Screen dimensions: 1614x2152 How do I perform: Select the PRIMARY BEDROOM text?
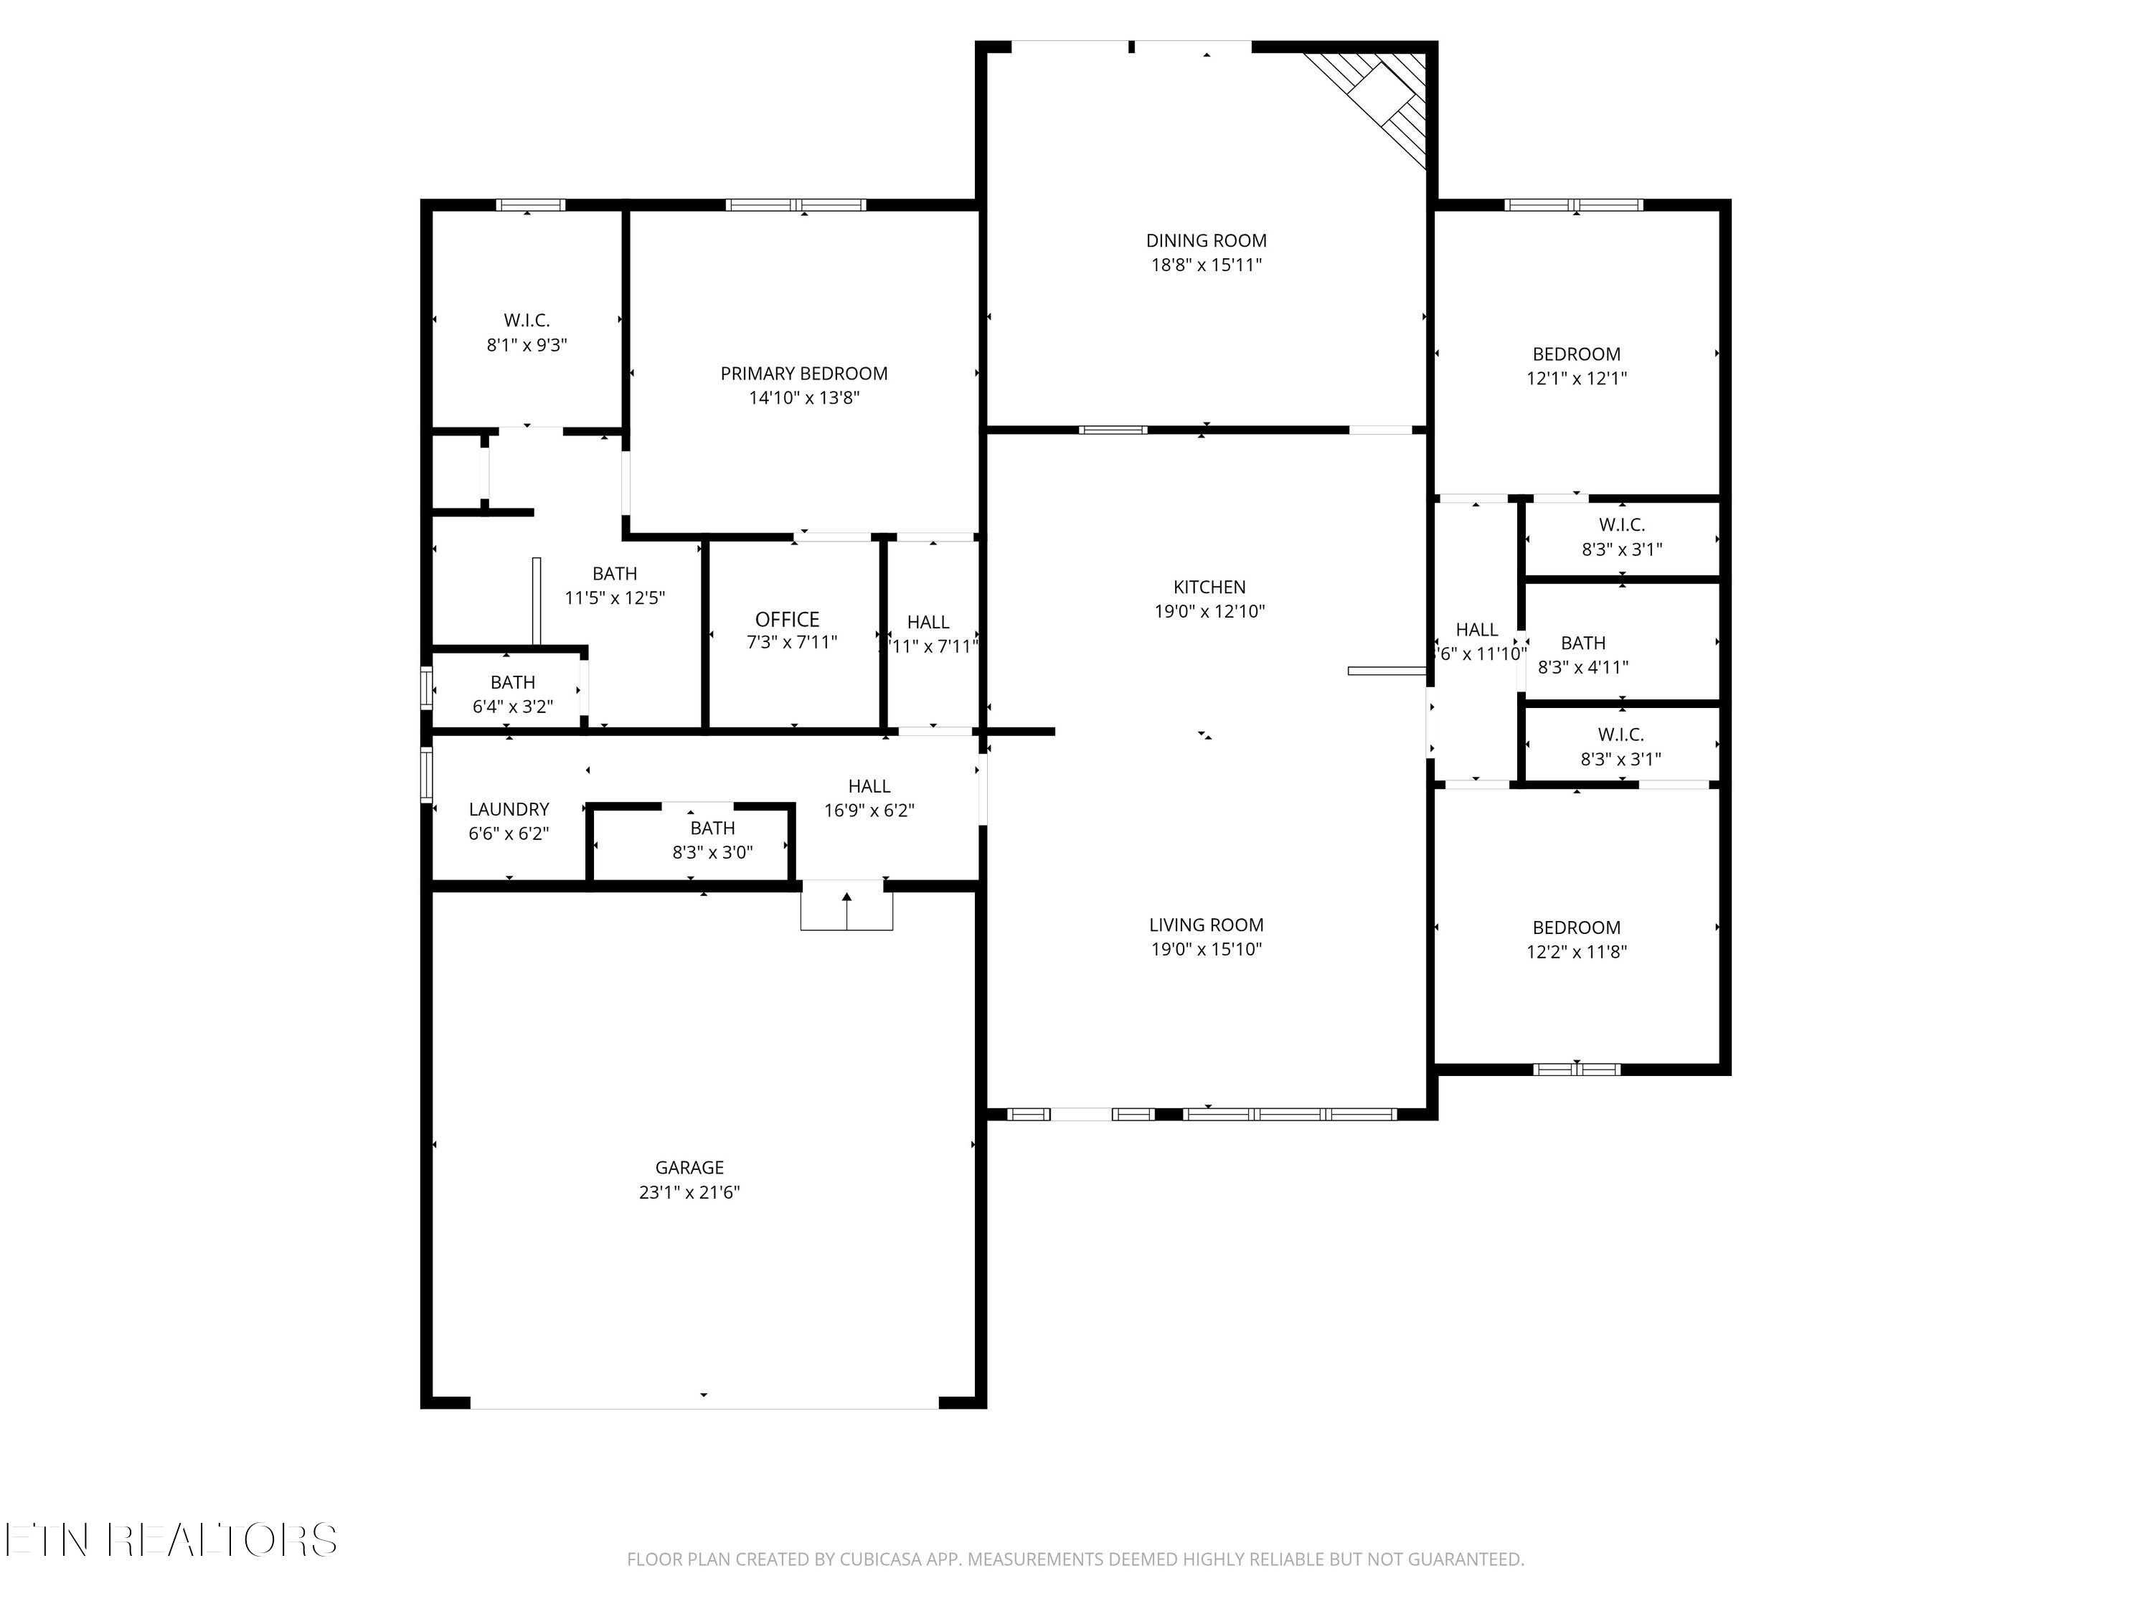pos(803,374)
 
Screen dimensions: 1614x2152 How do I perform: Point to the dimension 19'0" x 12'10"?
pos(1209,611)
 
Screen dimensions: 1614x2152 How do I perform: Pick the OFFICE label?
pos(787,620)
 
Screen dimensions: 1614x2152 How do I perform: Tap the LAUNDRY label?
pos(509,809)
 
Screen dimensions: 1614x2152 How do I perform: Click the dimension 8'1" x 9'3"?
pos(527,344)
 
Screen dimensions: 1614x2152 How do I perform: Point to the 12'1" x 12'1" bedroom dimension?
pos(1576,379)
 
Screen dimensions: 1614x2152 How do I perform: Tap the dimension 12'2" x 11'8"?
pos(1576,951)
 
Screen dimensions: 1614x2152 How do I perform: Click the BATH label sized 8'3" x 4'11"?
pos(1583,643)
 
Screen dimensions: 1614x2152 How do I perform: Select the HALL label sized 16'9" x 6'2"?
pos(869,786)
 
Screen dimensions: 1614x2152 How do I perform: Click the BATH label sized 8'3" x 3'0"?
pos(712,828)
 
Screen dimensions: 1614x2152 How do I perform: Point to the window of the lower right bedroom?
pos(1576,1070)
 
